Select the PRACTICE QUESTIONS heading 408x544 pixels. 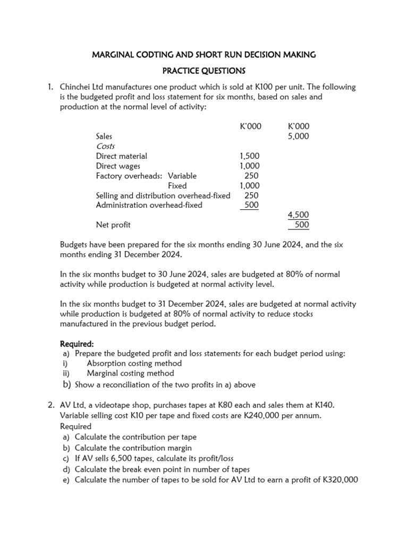(x=204, y=71)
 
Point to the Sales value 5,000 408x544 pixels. (x=298, y=137)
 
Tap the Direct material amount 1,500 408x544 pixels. (x=250, y=156)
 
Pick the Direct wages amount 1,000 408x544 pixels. (x=250, y=166)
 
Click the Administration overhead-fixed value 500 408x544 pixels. (x=251, y=205)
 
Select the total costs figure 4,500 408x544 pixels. (x=298, y=215)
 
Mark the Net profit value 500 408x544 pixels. (x=301, y=225)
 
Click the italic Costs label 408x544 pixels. (x=106, y=146)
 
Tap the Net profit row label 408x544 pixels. (x=113, y=225)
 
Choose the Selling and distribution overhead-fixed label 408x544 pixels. (x=163, y=195)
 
